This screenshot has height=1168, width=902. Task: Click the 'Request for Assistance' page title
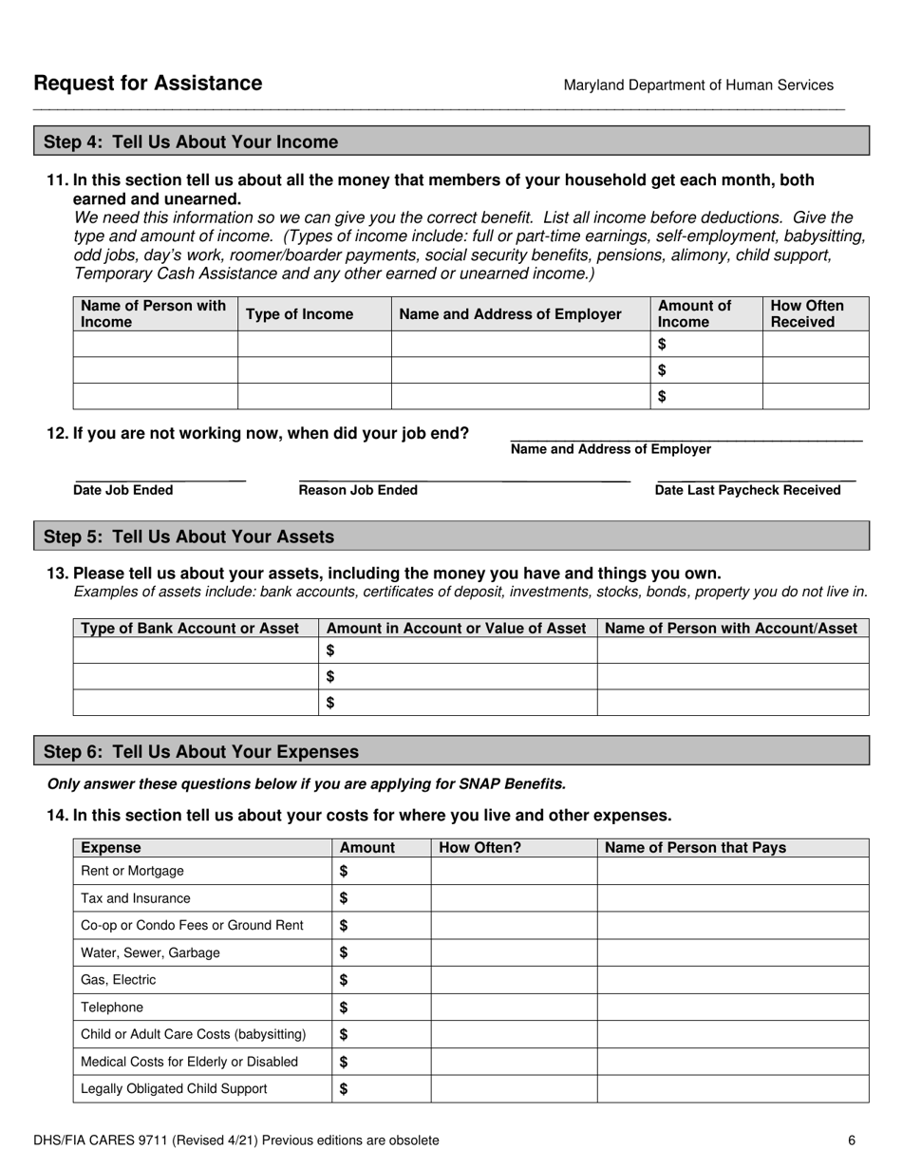tap(147, 84)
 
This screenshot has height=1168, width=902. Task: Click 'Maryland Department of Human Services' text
tap(698, 85)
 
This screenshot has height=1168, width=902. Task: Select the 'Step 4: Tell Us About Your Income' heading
tap(191, 142)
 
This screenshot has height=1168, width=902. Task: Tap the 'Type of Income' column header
tap(299, 314)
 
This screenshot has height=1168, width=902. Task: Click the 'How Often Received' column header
tap(807, 314)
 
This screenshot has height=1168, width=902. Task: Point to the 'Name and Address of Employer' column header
tap(511, 314)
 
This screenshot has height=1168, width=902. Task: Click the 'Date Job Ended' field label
tap(123, 490)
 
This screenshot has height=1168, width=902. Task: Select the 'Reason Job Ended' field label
tap(358, 490)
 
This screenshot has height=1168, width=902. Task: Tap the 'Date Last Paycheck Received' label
tap(747, 490)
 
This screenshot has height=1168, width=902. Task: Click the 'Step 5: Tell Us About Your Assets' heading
tap(189, 537)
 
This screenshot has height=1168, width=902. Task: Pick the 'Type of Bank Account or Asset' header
tap(191, 629)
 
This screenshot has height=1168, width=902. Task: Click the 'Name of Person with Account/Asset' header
tap(731, 629)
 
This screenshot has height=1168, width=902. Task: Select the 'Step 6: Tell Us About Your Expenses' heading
tap(201, 752)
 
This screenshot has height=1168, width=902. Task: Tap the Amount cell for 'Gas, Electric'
tap(382, 980)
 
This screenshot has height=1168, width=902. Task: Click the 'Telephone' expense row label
tap(112, 1007)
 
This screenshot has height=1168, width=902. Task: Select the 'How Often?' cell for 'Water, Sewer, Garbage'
tap(514, 952)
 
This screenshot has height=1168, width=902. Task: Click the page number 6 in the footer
tap(852, 1140)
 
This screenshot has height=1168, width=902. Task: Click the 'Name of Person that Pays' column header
tap(695, 848)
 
